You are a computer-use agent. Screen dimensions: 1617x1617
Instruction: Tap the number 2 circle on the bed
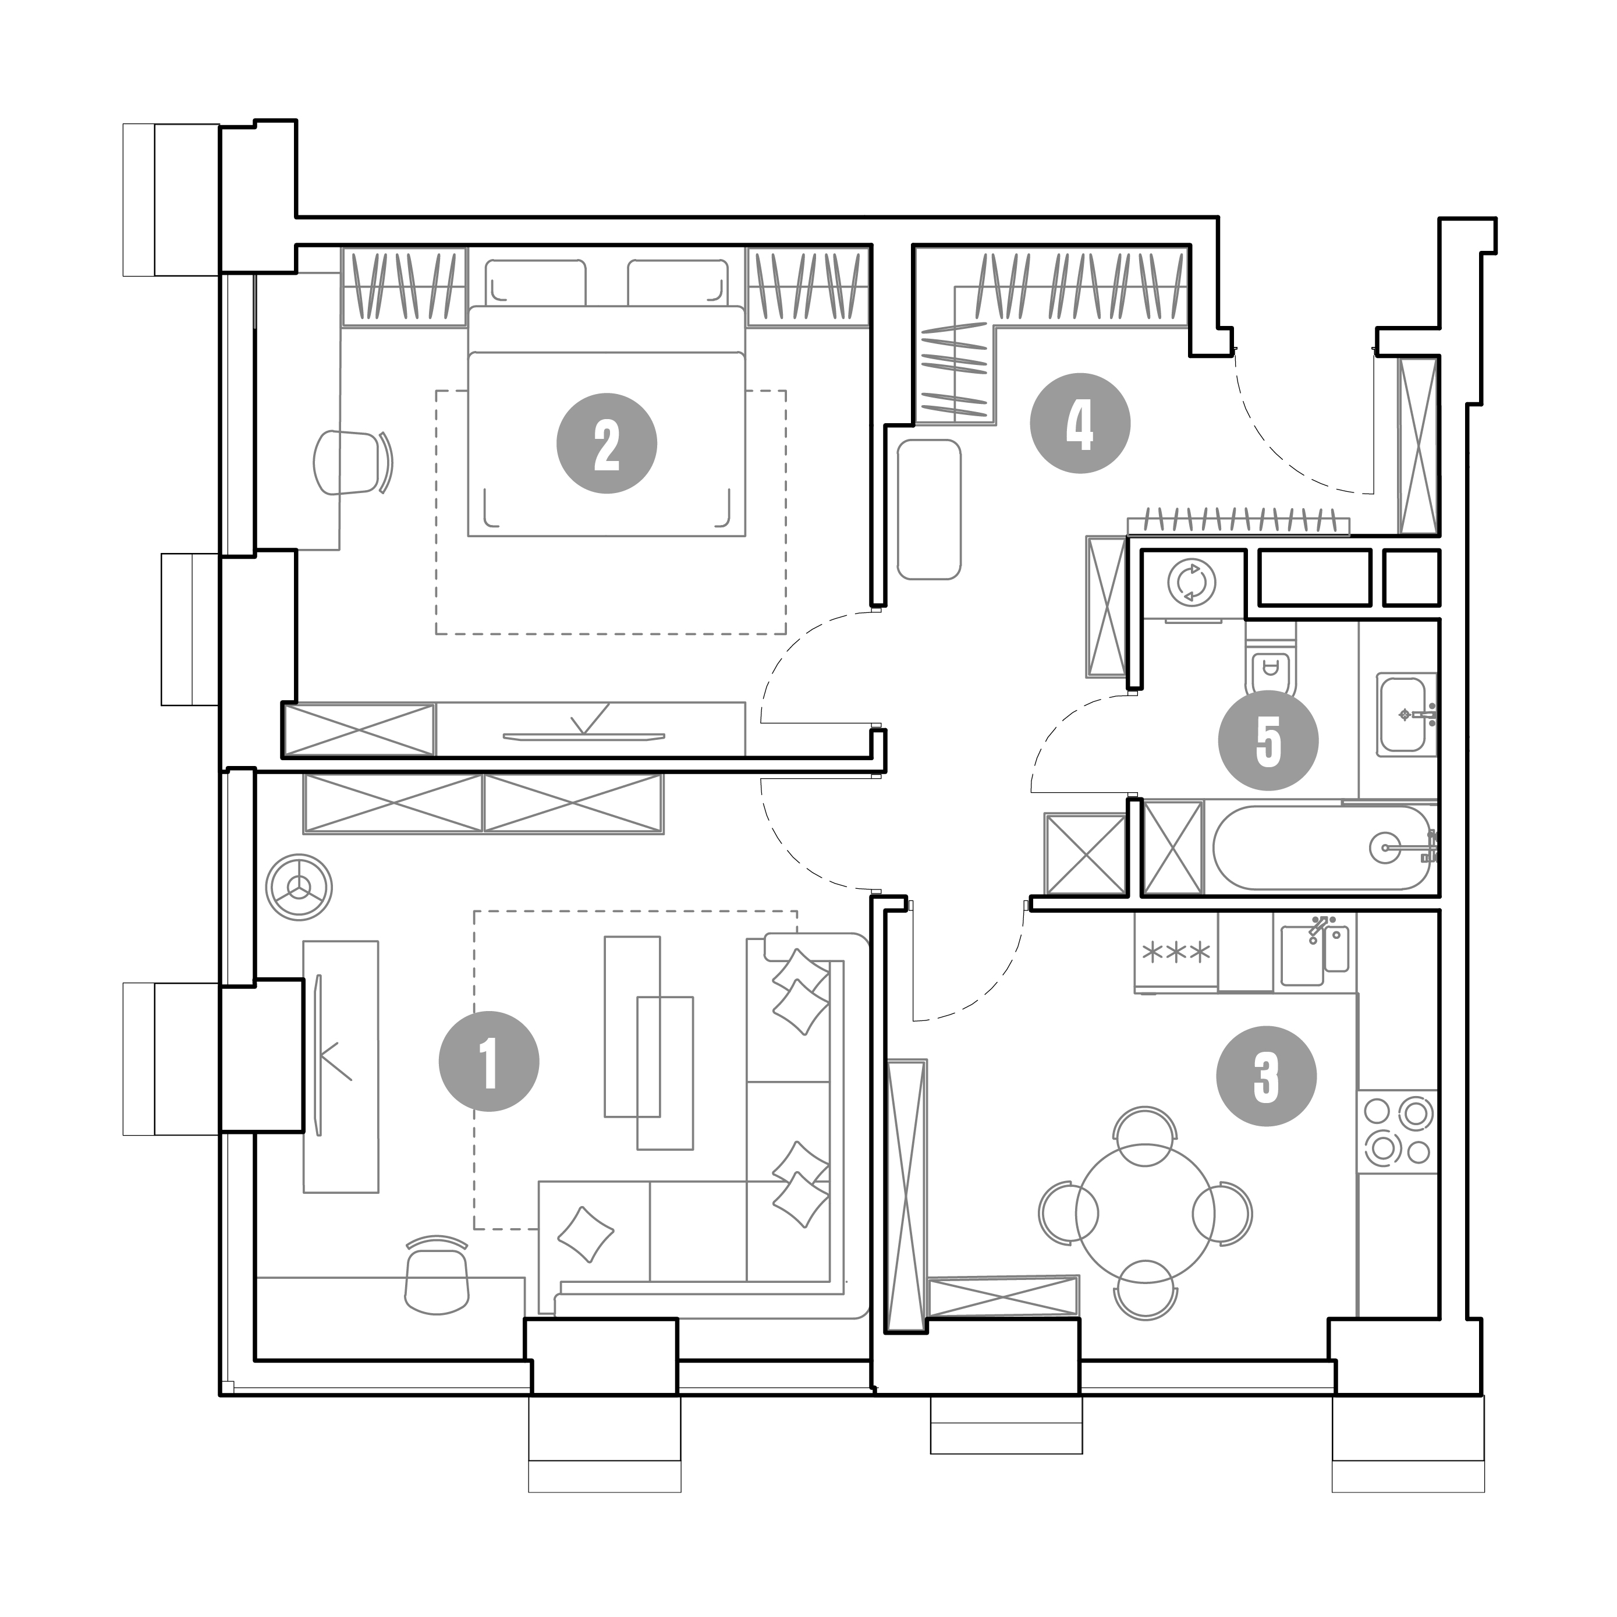607,444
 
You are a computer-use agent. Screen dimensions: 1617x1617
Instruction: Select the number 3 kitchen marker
1267,1076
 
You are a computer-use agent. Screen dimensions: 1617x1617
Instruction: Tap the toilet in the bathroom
1271,669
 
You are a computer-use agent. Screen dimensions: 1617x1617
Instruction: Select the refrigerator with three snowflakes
1176,952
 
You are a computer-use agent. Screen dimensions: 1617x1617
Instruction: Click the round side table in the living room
299,887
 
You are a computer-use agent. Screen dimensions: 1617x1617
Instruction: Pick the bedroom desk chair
352,462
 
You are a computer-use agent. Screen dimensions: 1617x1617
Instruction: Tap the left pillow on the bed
536,282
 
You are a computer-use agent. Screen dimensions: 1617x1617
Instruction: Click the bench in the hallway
928,509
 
